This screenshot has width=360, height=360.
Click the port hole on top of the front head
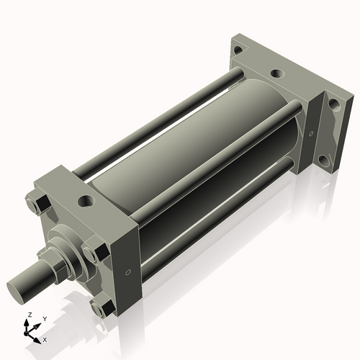point(86,201)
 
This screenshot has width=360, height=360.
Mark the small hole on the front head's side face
point(128,272)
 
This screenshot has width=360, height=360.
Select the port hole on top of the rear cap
point(274,73)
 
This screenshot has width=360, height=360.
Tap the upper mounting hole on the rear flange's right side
point(333,104)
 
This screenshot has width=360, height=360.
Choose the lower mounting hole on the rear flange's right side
point(334,163)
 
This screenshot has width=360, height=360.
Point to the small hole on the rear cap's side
point(310,133)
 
